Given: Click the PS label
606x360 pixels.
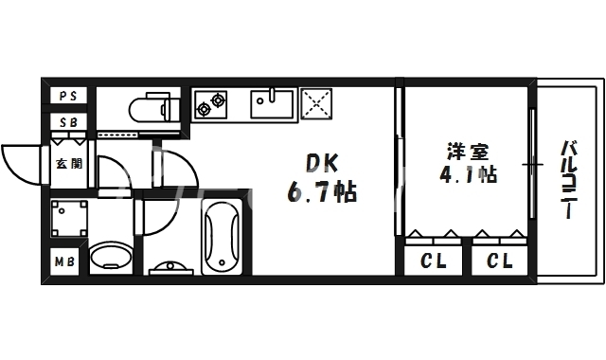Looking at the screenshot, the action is (68, 96).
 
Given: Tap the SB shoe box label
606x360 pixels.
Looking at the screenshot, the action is (68, 123).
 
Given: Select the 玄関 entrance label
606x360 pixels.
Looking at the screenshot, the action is (68, 163).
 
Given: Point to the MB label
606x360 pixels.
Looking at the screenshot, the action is (64, 261).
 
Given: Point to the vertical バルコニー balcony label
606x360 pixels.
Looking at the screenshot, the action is (568, 180).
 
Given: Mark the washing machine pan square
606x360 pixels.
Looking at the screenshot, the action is (68, 219).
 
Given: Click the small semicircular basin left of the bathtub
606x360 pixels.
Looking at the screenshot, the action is (170, 265).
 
